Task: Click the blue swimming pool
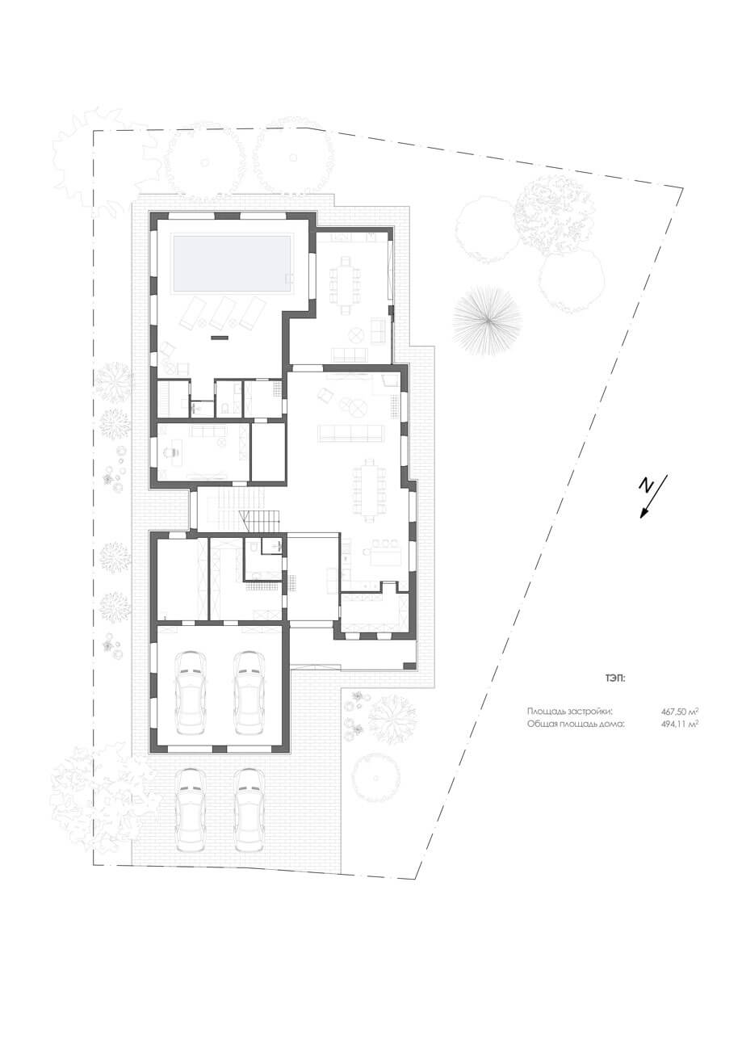pos(233,263)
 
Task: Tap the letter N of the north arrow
pos(647,486)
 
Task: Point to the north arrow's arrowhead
pos(644,513)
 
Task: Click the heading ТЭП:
pos(615,678)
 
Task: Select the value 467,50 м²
pos(680,711)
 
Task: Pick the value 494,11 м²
pos(680,724)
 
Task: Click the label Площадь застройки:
pos(569,711)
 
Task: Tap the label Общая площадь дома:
pos(576,724)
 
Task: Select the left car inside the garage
pos(190,693)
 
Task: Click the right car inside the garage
pos(248,693)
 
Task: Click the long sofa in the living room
pos(350,433)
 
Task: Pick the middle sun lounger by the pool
pos(222,313)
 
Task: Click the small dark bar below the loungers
pos(220,337)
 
